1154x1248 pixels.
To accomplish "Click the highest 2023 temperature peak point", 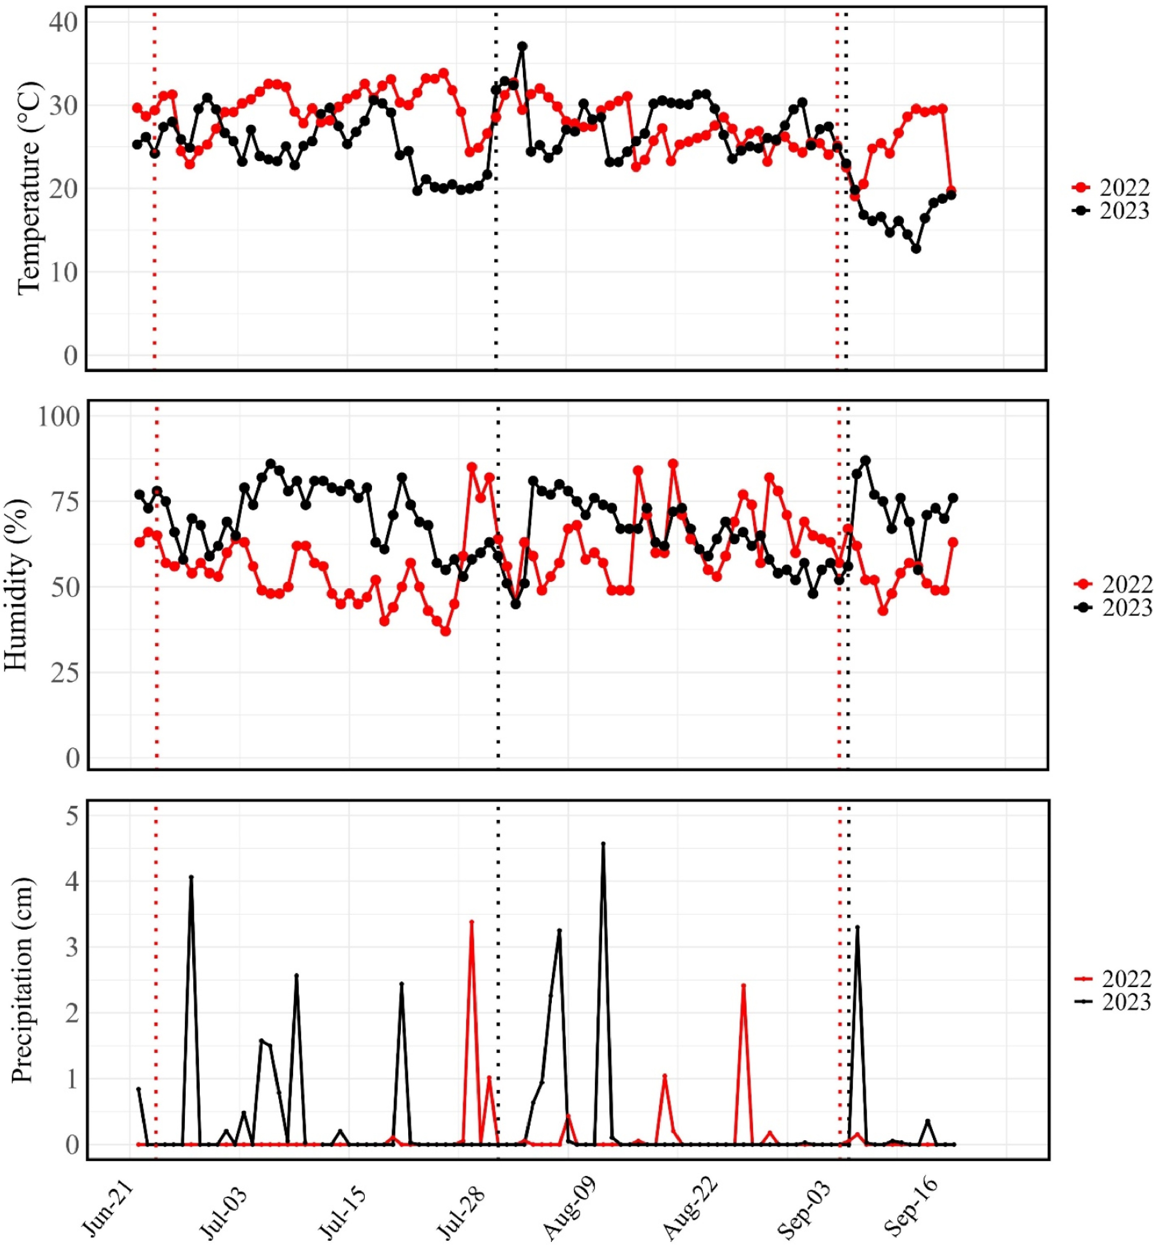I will (x=522, y=46).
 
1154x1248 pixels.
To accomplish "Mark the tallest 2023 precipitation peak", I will (x=603, y=843).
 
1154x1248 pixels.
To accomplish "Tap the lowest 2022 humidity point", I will (x=445, y=631).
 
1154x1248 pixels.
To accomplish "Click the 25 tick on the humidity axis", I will (x=65, y=673).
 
